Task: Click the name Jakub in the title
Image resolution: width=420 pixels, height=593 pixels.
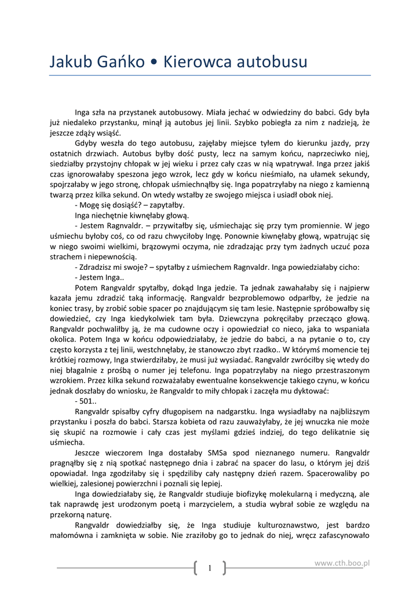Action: pos(70,61)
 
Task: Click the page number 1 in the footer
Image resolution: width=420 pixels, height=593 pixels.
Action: pos(209,568)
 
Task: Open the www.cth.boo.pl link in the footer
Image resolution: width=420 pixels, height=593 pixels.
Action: pos(342,562)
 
